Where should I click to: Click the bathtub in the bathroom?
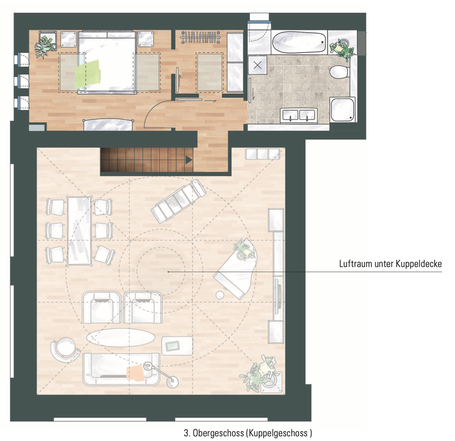(x=299, y=42)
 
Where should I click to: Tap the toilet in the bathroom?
(x=339, y=72)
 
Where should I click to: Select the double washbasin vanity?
(x=299, y=115)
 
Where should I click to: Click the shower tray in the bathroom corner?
(x=343, y=109)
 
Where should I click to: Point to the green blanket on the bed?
(x=87, y=74)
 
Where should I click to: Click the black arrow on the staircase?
(x=189, y=160)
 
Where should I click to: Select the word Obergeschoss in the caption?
(x=218, y=433)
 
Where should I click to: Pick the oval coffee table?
(x=121, y=338)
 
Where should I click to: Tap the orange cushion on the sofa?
(x=135, y=373)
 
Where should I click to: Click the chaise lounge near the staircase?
(x=178, y=201)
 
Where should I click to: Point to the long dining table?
(x=79, y=231)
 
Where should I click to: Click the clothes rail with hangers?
(x=200, y=37)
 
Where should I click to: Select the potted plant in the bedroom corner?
(x=45, y=46)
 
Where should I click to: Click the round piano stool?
(x=220, y=295)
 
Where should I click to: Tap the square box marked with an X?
(x=257, y=65)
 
